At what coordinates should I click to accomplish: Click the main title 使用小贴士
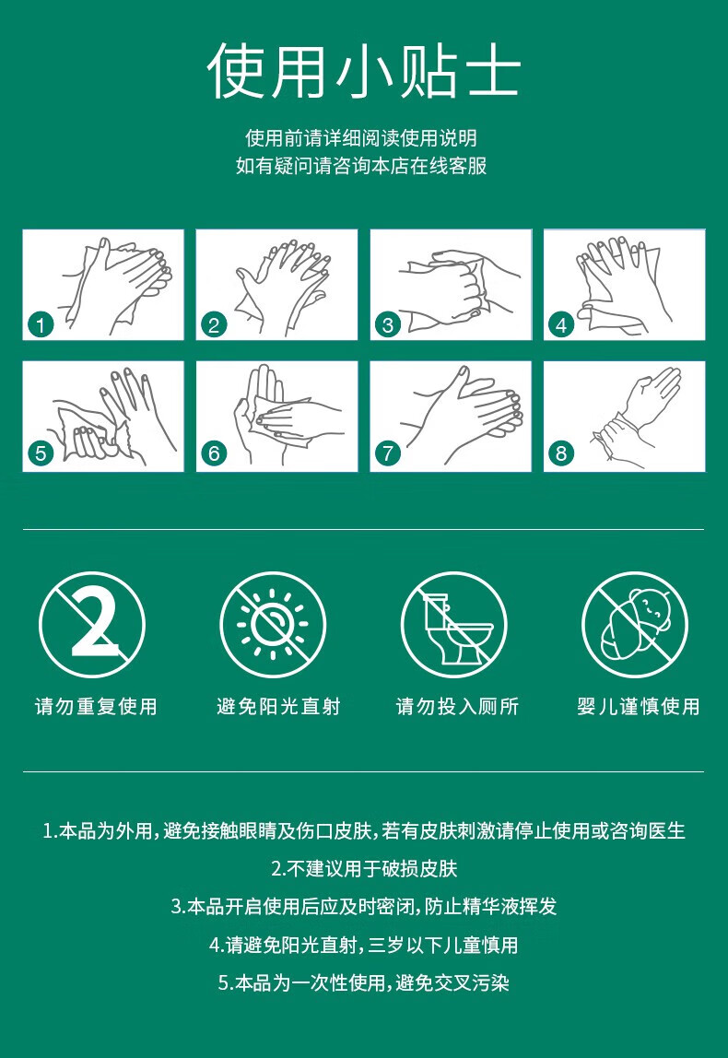364,72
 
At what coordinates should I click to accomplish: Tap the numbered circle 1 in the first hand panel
41,323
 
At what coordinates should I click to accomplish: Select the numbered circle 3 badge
388,323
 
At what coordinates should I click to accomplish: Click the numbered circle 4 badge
561,323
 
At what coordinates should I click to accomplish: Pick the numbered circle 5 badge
41,453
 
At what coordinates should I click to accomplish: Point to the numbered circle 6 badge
214,453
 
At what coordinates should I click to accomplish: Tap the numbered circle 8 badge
561,453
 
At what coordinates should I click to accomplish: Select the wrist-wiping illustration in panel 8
636,413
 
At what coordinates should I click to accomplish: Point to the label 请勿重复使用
96,707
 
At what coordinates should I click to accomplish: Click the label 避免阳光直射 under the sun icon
278,707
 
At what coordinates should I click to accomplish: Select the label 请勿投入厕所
457,707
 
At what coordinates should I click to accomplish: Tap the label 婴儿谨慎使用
639,707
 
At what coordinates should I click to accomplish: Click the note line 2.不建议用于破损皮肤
364,868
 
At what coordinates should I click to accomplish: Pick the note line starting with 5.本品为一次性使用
364,983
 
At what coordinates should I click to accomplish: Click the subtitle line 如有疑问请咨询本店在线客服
361,166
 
